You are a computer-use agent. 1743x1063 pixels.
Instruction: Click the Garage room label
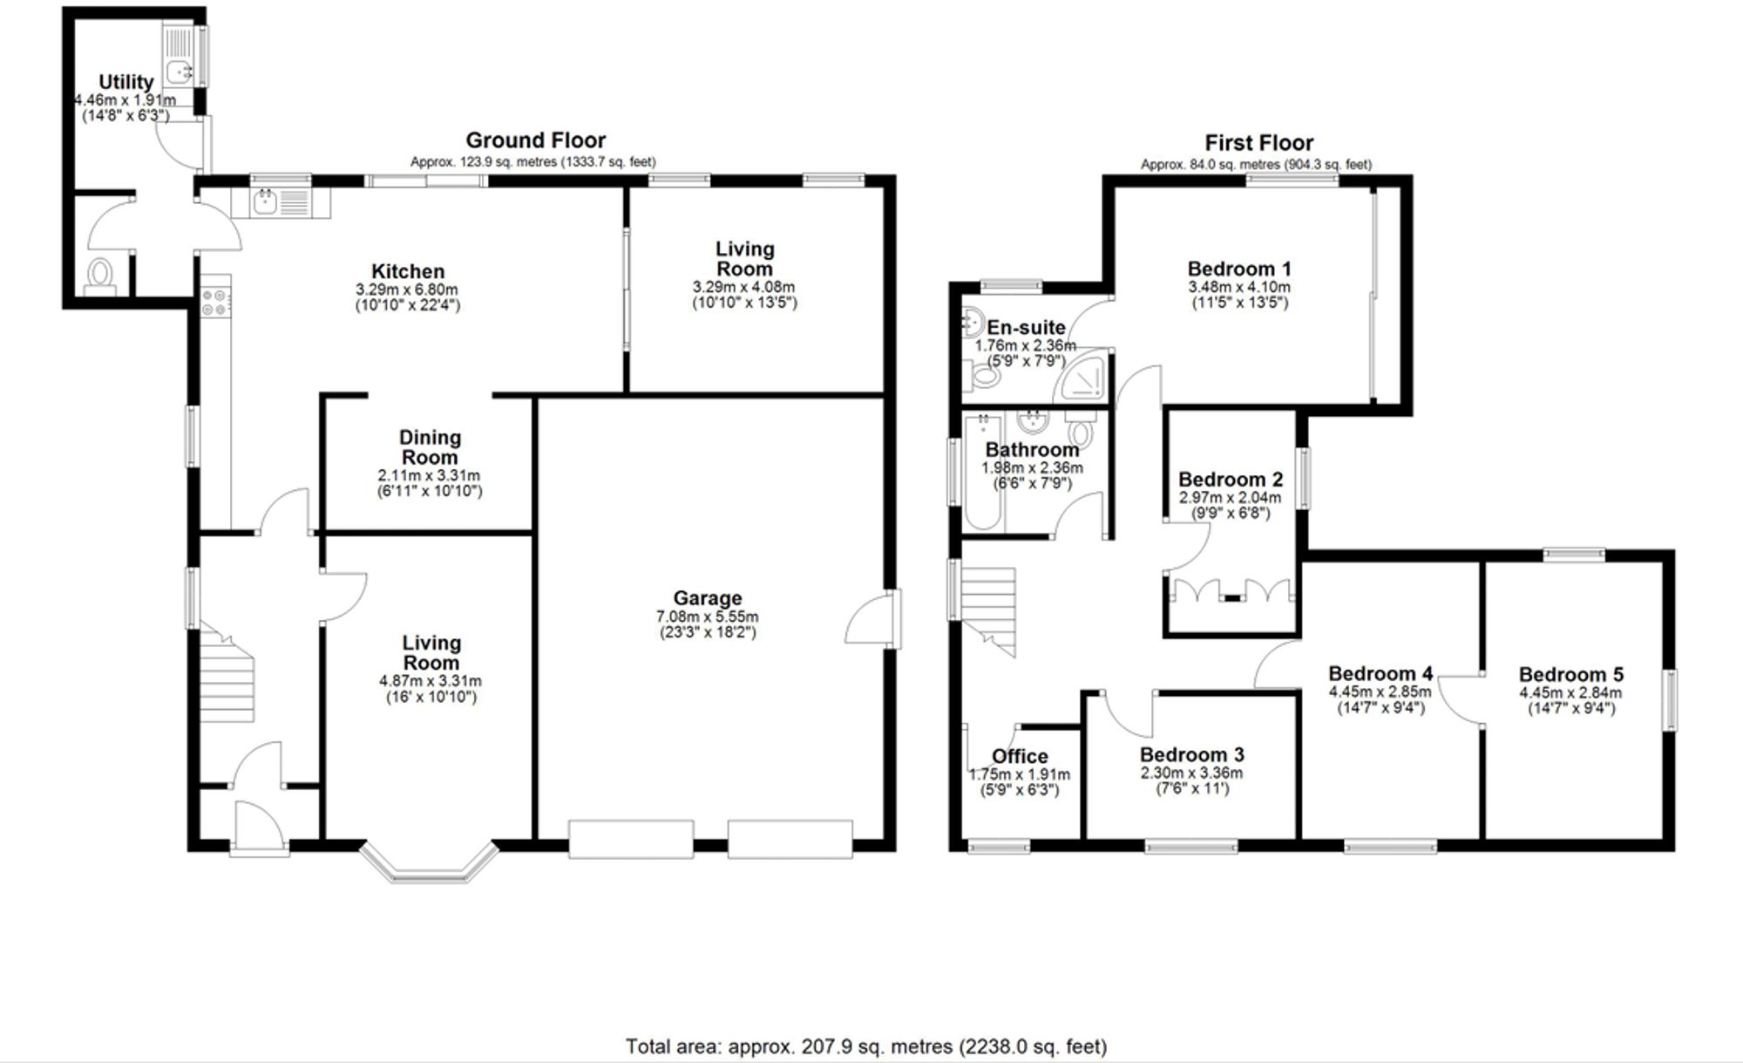[x=707, y=598]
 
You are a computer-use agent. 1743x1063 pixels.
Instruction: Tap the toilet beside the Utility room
[x=101, y=275]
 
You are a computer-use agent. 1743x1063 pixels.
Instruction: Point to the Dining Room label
[x=430, y=447]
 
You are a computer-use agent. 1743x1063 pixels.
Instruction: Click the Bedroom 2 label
[x=1230, y=480]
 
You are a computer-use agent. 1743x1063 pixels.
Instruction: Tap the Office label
[x=1019, y=756]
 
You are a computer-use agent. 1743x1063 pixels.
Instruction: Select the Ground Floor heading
[x=535, y=140]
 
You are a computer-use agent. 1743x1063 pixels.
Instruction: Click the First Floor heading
[x=1258, y=143]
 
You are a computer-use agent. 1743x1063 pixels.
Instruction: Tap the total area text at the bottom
[x=865, y=1046]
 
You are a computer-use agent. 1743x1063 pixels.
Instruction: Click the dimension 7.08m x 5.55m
[x=707, y=617]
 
